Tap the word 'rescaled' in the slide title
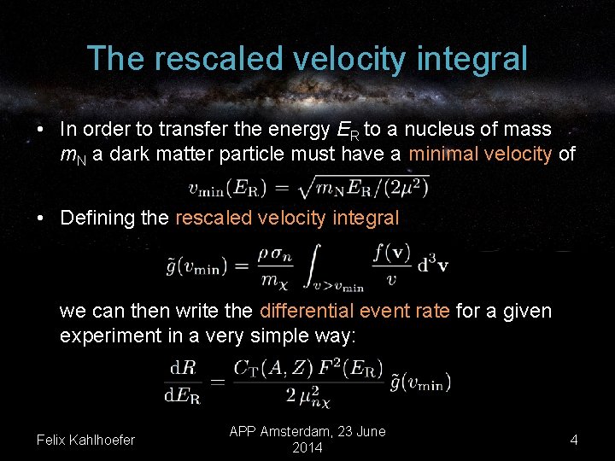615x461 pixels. (x=209, y=59)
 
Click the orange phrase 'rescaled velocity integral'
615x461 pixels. (x=287, y=218)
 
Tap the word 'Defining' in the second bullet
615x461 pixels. (x=97, y=218)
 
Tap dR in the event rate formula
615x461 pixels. (x=183, y=368)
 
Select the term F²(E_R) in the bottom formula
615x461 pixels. (x=350, y=368)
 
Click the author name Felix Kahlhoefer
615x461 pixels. (x=85, y=440)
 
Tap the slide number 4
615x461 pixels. (x=574, y=440)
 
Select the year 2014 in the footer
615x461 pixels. (x=307, y=448)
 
